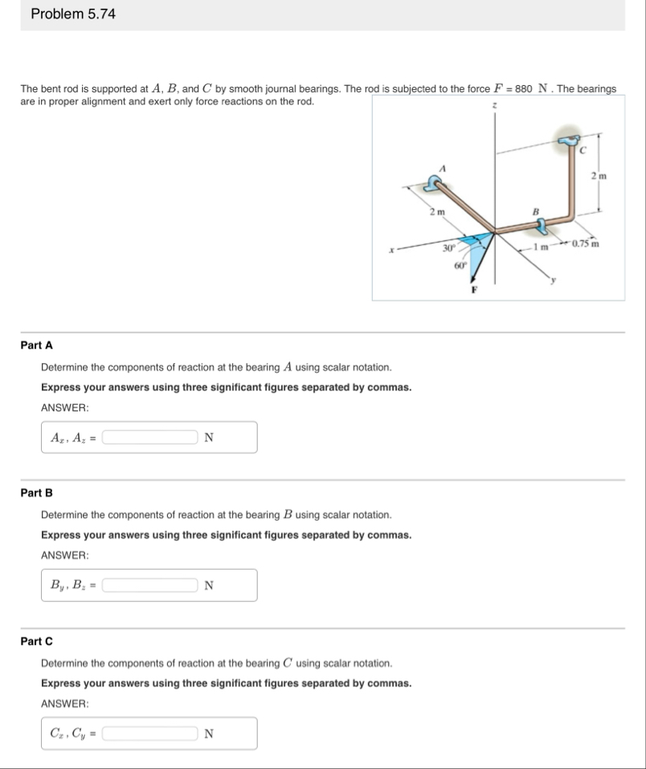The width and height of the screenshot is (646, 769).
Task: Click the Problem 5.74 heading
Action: coord(73,14)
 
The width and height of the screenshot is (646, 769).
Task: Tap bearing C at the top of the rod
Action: coord(573,143)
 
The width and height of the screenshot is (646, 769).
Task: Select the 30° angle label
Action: coord(450,248)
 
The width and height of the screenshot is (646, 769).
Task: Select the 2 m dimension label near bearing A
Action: coord(436,211)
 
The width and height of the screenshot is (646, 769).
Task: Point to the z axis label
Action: coord(496,105)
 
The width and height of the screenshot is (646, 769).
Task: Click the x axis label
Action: coord(389,250)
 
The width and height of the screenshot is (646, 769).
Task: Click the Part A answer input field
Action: coord(149,438)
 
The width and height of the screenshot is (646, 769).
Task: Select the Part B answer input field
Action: coord(149,586)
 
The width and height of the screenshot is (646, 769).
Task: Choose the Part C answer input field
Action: coord(149,734)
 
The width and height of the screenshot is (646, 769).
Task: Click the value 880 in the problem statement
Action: coord(524,88)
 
